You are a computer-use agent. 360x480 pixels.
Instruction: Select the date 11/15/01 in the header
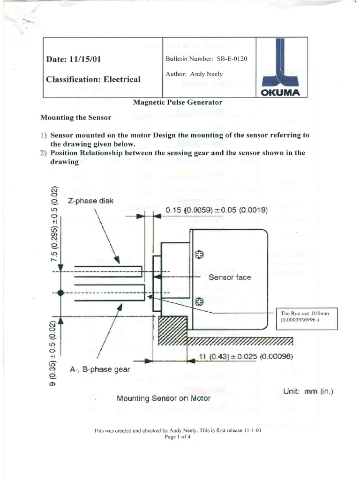pos(73,60)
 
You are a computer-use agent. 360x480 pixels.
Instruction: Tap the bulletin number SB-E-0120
pos(206,59)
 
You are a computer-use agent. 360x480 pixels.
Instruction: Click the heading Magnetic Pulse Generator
pos(178,102)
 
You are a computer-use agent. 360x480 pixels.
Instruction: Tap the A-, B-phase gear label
pos(99,369)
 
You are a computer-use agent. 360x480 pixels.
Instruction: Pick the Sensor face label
pos(230,277)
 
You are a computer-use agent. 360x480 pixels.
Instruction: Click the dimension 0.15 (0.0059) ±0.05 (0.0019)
pos(217,210)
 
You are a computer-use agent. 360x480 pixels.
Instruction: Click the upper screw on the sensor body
pos(199,255)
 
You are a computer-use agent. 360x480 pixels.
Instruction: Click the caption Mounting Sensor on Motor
pos(157,398)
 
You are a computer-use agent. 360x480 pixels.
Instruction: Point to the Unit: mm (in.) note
pos(308,391)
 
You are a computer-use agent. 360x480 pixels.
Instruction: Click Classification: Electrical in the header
pos(93,79)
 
